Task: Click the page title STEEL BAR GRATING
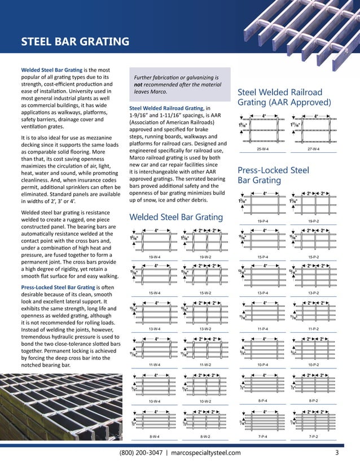tap(74, 41)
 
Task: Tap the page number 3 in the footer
tap(337, 452)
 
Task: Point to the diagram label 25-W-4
tap(262, 150)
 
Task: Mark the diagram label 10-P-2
tap(314, 365)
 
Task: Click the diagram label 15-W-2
tap(205, 293)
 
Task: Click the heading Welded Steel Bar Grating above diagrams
tap(176, 217)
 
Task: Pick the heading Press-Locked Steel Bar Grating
tap(274, 175)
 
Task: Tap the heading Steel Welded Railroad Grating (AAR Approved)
tap(284, 97)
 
